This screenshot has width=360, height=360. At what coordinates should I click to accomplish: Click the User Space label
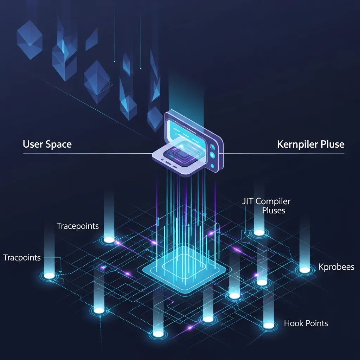coord(47,144)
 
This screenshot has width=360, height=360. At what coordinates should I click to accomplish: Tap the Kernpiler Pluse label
coord(311,144)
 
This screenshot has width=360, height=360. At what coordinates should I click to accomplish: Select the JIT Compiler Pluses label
coord(266,206)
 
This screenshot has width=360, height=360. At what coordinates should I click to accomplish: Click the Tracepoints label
coord(78,226)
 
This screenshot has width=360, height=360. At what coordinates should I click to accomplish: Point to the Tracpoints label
coord(22,258)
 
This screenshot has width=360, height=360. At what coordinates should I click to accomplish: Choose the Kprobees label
coord(336,267)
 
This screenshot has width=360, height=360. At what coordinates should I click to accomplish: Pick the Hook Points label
coord(306,323)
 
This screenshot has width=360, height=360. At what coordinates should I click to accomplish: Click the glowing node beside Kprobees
coord(305,270)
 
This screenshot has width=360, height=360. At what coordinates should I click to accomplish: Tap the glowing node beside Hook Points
coord(269,325)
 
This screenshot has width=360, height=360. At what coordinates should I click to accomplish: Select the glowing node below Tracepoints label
coord(109,240)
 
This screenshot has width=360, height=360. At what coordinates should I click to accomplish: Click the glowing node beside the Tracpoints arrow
coord(49,276)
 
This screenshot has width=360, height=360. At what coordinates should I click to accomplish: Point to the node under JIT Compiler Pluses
coord(259,233)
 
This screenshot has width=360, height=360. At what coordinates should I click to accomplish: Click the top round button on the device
coord(213,147)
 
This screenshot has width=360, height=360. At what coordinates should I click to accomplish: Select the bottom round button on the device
coord(212,166)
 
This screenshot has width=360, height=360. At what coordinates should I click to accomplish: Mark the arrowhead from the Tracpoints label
coord(60,272)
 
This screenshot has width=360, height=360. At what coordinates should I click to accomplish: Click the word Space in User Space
coord(59,144)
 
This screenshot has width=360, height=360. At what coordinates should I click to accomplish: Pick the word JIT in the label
coord(248,201)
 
